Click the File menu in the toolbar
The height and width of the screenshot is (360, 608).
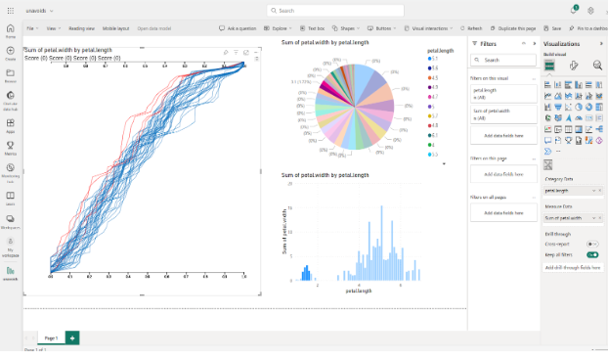click(x=30, y=29)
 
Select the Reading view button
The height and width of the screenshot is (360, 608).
click(x=82, y=29)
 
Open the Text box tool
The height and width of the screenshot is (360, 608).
click(x=314, y=29)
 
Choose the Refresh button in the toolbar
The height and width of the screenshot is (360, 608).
click(x=472, y=29)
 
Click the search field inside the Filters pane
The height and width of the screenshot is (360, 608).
click(x=504, y=60)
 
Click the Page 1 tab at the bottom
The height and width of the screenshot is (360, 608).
click(x=51, y=337)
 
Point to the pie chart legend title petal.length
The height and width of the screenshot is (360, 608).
click(x=439, y=49)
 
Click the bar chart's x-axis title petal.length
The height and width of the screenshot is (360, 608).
click(x=359, y=291)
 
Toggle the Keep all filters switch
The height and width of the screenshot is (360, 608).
click(x=592, y=254)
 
